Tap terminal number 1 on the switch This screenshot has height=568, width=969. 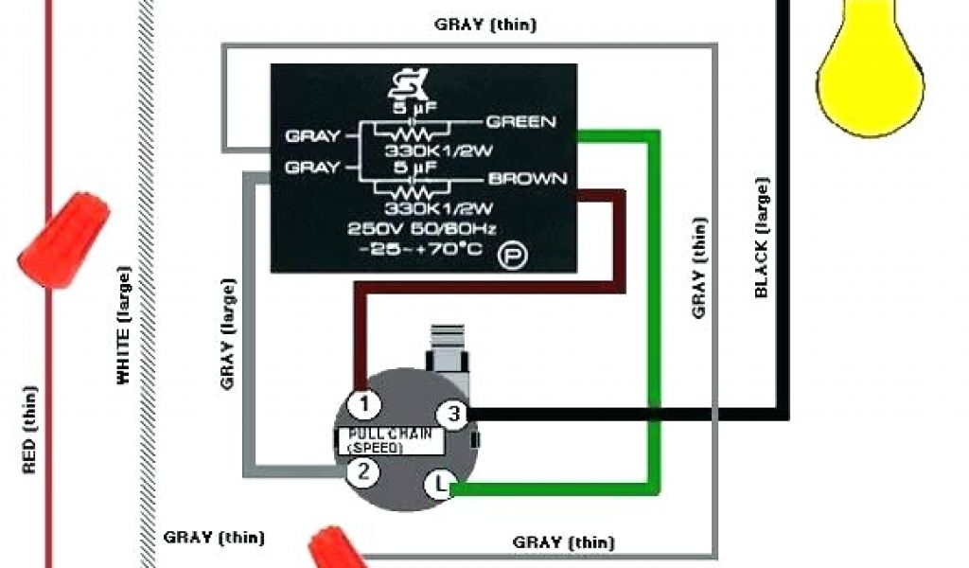364,405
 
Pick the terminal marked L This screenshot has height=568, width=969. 439,486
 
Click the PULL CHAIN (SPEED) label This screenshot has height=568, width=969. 390,440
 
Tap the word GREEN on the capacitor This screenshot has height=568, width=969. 520,121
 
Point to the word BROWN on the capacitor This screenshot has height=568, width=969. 528,178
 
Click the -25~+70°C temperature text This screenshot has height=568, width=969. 420,249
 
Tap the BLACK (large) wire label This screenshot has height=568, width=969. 762,238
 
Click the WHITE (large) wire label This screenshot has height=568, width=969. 124,326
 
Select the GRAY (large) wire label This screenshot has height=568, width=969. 227,333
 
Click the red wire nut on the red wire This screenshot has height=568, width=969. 64,238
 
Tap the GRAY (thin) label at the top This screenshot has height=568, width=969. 484,25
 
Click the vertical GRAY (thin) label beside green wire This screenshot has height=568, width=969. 699,268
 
